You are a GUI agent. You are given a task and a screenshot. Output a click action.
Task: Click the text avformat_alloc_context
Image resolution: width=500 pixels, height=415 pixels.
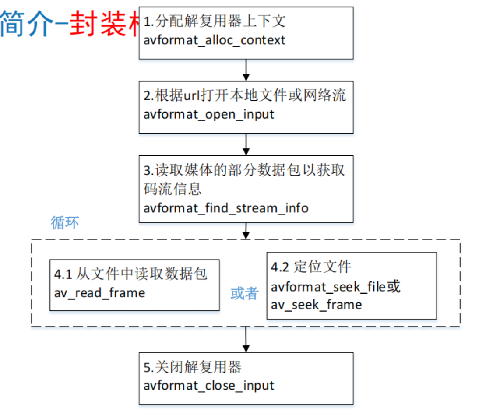215,40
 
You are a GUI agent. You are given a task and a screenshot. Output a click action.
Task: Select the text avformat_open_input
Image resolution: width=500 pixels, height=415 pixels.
209,115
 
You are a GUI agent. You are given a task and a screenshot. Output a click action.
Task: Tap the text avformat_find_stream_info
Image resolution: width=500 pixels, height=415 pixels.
226,207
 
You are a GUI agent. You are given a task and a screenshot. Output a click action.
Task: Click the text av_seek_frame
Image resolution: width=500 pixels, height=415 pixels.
316,305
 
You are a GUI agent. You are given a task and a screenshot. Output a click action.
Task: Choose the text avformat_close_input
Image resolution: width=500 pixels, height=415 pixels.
209,386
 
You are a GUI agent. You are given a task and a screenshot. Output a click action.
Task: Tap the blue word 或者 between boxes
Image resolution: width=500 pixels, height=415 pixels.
244,293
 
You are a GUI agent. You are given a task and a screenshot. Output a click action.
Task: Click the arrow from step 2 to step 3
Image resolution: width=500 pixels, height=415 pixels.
246,144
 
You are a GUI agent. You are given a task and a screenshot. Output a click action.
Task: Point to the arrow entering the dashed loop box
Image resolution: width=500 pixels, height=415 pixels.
246,231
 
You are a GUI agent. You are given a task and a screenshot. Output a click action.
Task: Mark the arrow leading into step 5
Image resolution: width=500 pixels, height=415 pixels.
246,339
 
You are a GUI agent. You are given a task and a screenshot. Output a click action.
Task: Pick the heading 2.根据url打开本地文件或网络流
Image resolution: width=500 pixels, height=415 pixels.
244,95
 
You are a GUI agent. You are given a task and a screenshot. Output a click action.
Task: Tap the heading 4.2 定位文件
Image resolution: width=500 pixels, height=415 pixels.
311,267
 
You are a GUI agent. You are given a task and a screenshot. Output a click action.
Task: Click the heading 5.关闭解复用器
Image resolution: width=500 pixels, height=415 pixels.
193,367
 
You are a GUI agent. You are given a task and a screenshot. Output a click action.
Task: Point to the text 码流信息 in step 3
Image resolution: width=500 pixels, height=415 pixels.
172,189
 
